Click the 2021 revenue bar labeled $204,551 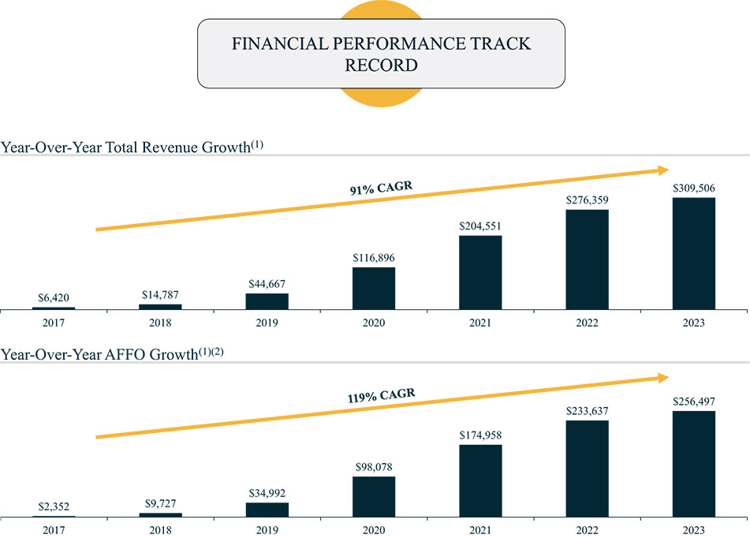(480, 272)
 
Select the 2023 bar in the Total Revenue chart (693, 253)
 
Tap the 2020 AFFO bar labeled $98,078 (374, 496)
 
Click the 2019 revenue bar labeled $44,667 (267, 301)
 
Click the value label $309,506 (693, 189)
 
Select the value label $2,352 (54, 507)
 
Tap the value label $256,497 (693, 402)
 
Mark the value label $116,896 (374, 258)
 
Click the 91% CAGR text (382, 188)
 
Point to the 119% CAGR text (382, 395)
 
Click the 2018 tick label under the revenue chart (160, 323)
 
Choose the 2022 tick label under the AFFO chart (587, 530)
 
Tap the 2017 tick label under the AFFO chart (54, 530)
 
